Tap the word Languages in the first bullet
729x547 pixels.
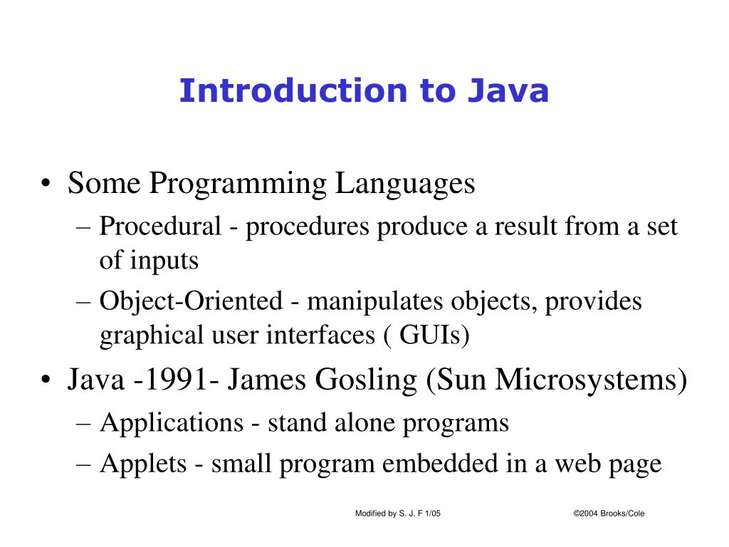coord(405,184)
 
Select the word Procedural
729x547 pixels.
coord(160,227)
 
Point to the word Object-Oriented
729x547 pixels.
coord(191,301)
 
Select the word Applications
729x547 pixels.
coord(172,423)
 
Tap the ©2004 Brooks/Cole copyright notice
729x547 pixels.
coord(609,514)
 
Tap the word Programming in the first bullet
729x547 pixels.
coord(238,184)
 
